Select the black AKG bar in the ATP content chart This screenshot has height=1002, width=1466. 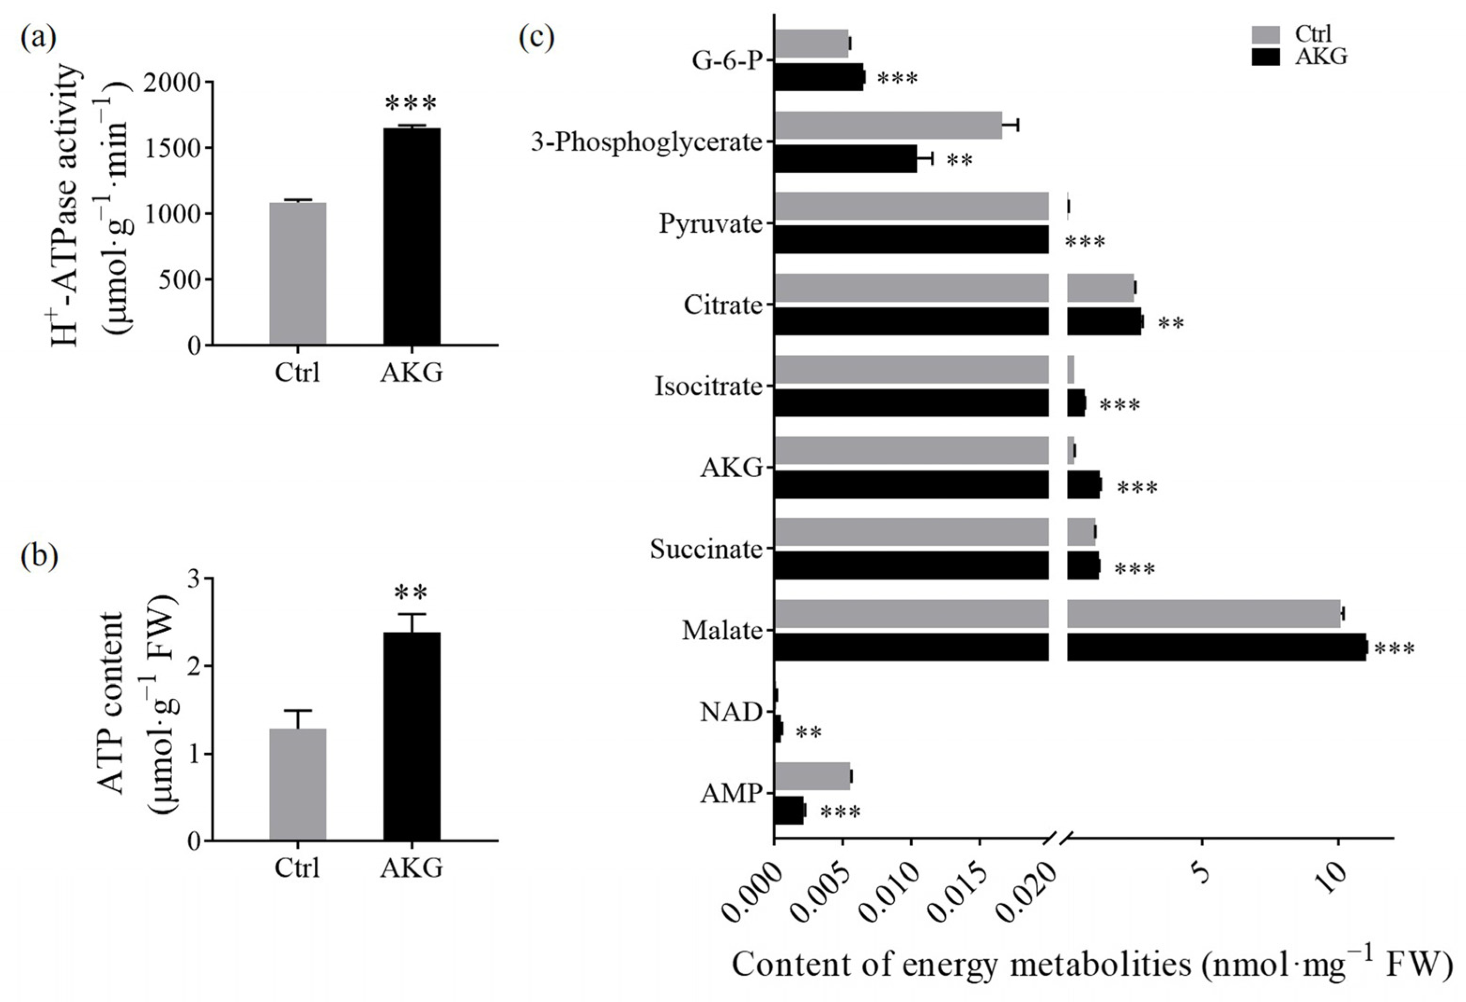click(411, 736)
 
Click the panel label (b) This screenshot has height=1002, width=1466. click(39, 556)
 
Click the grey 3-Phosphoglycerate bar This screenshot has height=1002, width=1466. click(888, 126)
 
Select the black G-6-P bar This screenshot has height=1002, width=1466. click(818, 77)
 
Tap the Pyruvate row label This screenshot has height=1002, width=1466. click(710, 224)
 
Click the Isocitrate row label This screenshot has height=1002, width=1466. click(708, 386)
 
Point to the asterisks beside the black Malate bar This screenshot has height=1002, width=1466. click(1394, 649)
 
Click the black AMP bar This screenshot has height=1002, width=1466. click(789, 810)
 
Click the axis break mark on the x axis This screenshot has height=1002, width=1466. click(1058, 839)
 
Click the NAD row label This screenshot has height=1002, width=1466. click(730, 713)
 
